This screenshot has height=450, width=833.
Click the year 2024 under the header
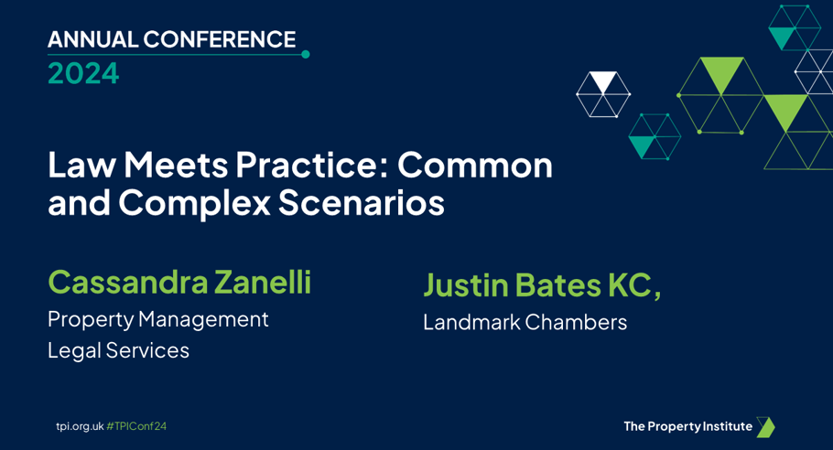click(x=83, y=73)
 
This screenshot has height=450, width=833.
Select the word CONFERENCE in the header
click(x=220, y=40)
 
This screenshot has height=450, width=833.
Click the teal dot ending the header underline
click(x=306, y=54)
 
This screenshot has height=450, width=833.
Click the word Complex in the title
click(x=194, y=203)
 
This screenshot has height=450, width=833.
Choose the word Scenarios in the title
click(x=362, y=203)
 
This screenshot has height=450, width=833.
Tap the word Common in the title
click(x=475, y=165)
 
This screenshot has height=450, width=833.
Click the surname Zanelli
click(x=263, y=282)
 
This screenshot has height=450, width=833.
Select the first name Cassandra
click(x=128, y=283)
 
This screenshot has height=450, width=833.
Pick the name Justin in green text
click(x=466, y=285)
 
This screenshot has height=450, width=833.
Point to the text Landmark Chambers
click(x=525, y=323)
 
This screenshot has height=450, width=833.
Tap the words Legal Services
click(x=118, y=350)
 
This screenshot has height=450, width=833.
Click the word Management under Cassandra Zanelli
click(x=203, y=320)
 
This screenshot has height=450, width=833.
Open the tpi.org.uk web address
click(x=81, y=426)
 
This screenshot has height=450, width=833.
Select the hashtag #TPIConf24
click(x=136, y=426)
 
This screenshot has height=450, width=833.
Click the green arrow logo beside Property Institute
click(x=765, y=427)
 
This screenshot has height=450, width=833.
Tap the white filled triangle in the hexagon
click(x=603, y=81)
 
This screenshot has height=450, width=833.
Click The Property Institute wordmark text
click(x=688, y=426)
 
